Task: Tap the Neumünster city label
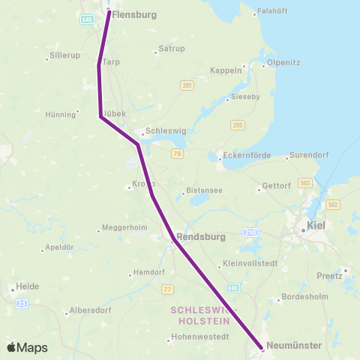click(x=295, y=346)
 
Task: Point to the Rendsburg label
click(x=200, y=236)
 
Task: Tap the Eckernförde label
click(x=244, y=157)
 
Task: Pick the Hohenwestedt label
click(x=199, y=337)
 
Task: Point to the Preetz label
click(x=330, y=274)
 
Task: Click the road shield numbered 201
click(x=187, y=86)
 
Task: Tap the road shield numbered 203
click(x=238, y=125)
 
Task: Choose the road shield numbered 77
click(x=168, y=288)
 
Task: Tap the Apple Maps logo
click(x=27, y=347)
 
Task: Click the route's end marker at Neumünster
click(x=262, y=348)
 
